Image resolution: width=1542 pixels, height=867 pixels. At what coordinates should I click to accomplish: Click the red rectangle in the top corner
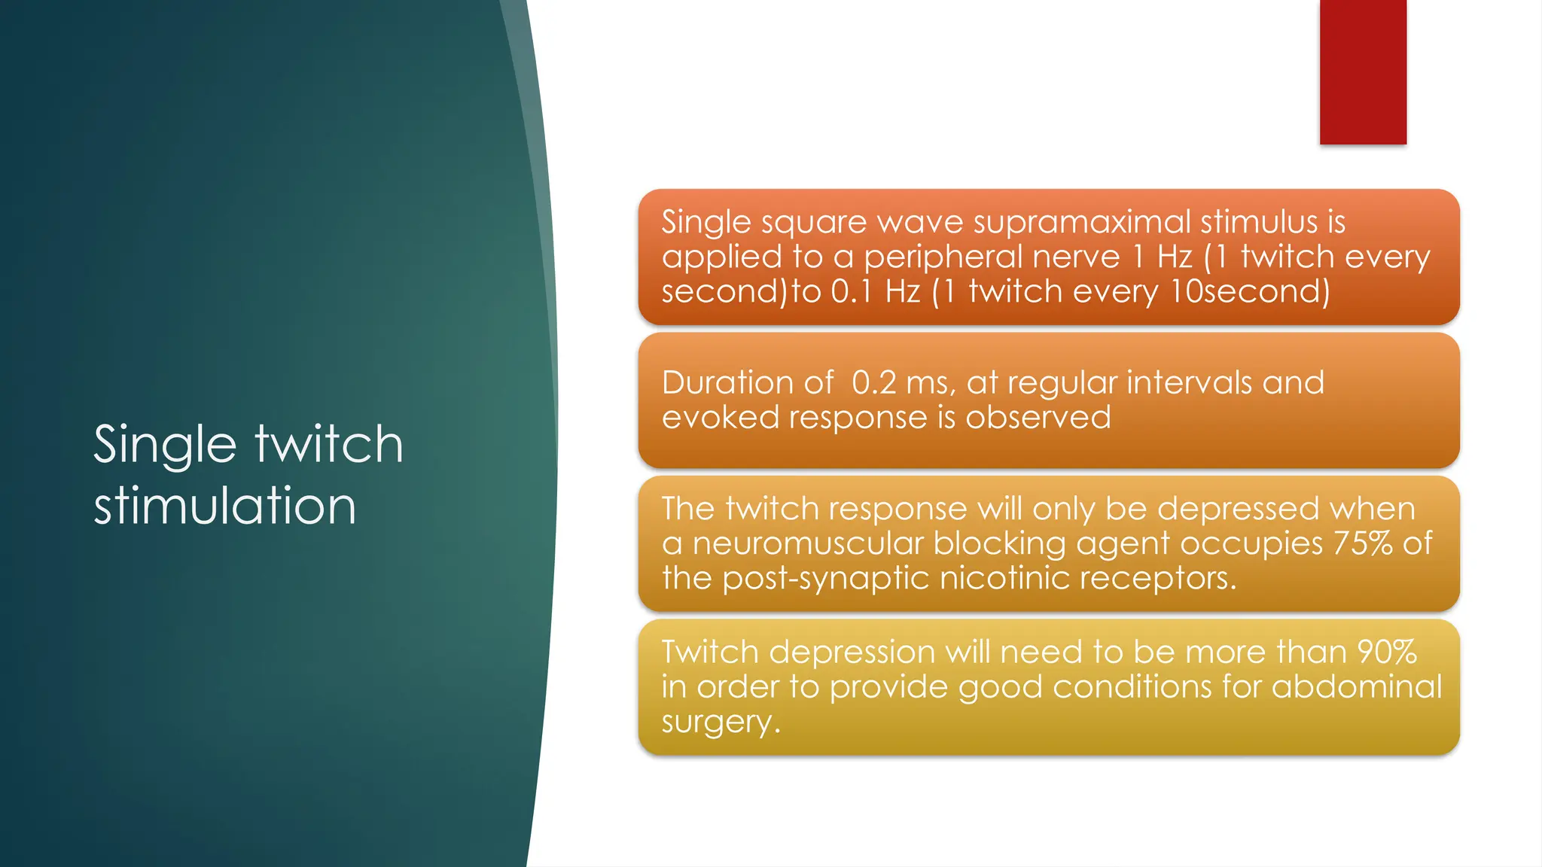pyautogui.click(x=1363, y=71)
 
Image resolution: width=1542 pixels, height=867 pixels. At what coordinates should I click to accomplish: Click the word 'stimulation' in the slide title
pyautogui.click(x=224, y=506)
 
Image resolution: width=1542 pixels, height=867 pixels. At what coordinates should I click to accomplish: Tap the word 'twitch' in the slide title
pyautogui.click(x=329, y=444)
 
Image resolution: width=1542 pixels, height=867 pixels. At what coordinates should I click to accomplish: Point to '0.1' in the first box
pyautogui.click(x=851, y=292)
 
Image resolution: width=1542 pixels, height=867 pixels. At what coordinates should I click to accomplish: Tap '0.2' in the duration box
pyautogui.click(x=873, y=383)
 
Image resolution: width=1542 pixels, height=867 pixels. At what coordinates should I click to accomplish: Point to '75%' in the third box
pyautogui.click(x=1363, y=543)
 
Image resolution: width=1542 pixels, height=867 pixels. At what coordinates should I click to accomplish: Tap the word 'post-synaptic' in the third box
pyautogui.click(x=826, y=578)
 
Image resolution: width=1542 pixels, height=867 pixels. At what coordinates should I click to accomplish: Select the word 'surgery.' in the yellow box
pyautogui.click(x=721, y=722)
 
